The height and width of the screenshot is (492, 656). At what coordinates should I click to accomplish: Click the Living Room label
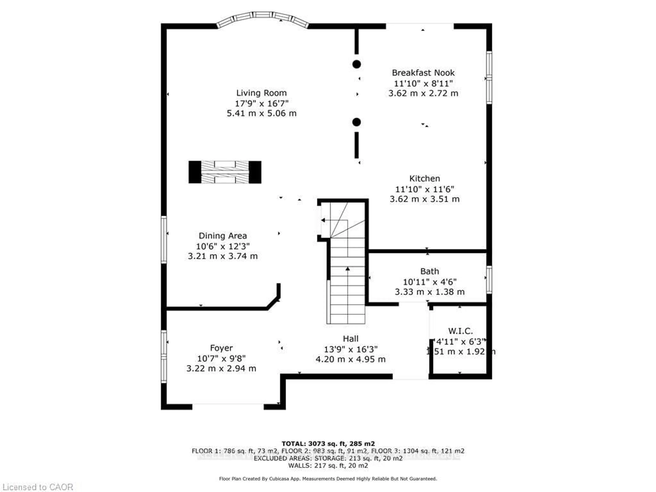[x=261, y=93]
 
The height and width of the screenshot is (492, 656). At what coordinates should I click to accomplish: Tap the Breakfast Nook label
[x=423, y=73]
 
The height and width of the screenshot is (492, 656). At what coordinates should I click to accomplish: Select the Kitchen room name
[x=424, y=179]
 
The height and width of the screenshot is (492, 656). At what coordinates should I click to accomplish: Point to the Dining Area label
[x=223, y=236]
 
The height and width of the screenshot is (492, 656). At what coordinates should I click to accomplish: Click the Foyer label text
[x=221, y=348]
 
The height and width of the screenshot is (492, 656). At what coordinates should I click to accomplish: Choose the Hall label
[x=351, y=339]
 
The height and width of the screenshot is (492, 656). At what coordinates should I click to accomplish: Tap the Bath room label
[x=429, y=271]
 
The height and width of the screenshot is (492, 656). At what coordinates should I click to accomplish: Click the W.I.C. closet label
[x=460, y=331]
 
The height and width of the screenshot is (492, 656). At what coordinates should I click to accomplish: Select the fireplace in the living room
[x=225, y=172]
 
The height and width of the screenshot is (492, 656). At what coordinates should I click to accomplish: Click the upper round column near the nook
[x=357, y=64]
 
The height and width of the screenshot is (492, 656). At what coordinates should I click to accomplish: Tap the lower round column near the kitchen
[x=357, y=122]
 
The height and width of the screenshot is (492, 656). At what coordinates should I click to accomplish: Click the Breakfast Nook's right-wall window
[x=489, y=78]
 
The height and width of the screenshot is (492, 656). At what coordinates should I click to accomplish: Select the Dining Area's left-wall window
[x=164, y=240]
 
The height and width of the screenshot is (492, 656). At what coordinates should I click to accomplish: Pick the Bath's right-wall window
[x=489, y=280]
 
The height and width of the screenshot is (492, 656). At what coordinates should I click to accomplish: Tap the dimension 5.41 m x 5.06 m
[x=261, y=113]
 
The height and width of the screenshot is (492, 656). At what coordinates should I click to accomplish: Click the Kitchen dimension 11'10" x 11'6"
[x=424, y=189]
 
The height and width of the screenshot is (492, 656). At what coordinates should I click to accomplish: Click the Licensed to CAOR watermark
[x=37, y=487]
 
